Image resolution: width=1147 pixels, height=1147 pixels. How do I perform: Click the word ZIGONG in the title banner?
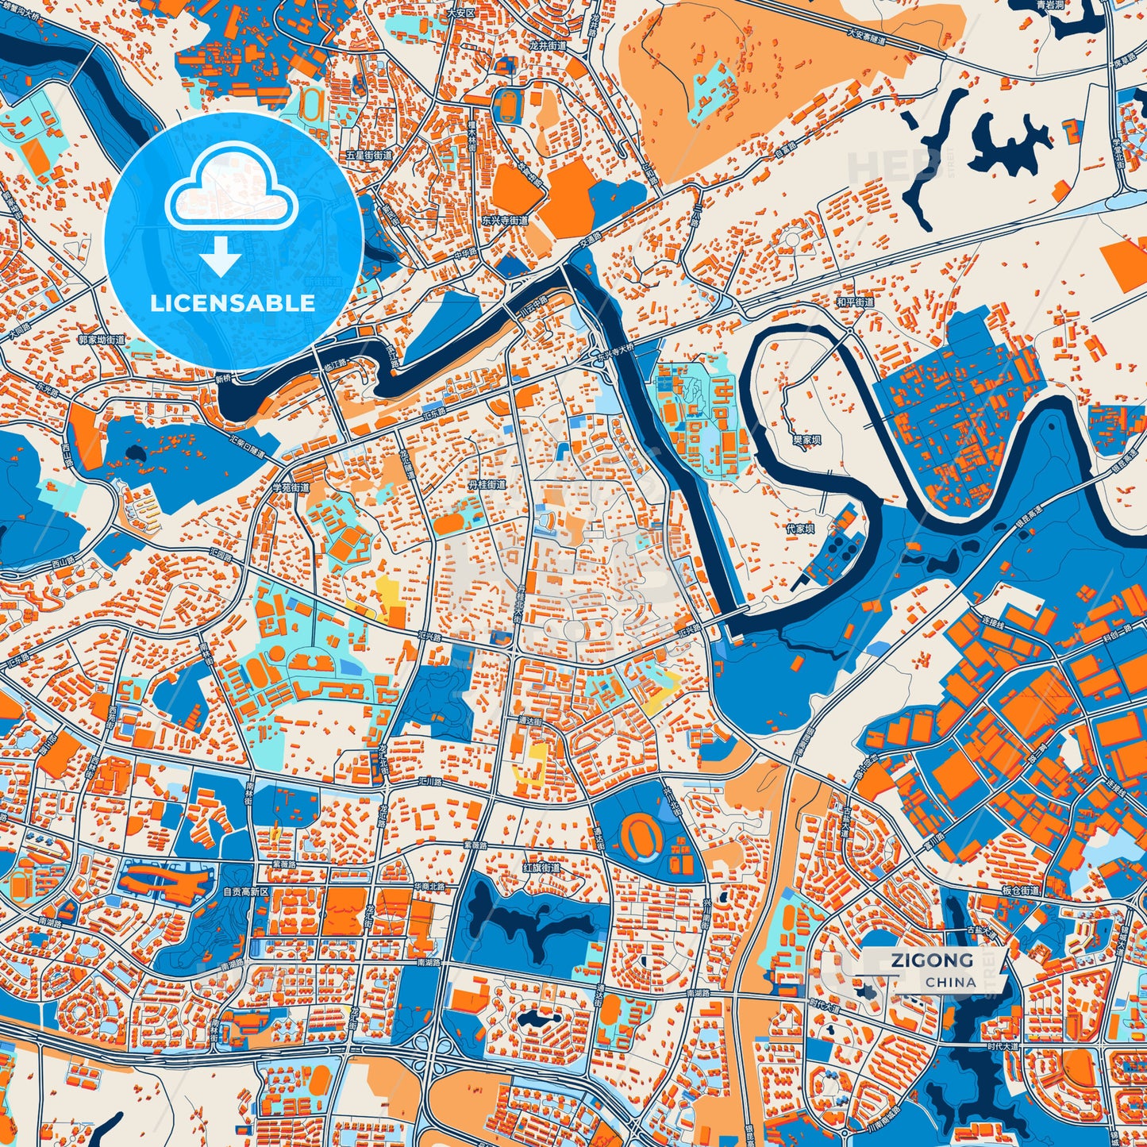click(x=931, y=960)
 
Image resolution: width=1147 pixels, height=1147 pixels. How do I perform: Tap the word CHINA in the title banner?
click(x=950, y=982)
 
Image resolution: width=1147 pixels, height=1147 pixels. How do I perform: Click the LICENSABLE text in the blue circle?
click(x=233, y=303)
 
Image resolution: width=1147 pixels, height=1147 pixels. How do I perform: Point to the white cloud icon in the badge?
click(x=231, y=196)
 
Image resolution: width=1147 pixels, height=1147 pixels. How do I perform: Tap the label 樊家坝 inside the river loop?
click(x=806, y=439)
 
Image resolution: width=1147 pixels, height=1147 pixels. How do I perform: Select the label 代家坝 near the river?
click(x=799, y=527)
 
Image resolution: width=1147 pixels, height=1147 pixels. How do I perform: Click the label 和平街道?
click(x=855, y=302)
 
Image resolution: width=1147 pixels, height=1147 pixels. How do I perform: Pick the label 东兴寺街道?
click(x=504, y=220)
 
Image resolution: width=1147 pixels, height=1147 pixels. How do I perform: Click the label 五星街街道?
click(x=370, y=156)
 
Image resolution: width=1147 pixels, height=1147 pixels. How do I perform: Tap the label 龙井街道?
click(x=548, y=46)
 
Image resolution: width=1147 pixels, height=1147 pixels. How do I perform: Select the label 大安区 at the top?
click(x=460, y=13)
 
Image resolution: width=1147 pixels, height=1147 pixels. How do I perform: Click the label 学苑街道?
click(x=291, y=487)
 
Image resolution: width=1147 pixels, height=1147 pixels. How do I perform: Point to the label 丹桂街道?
click(x=486, y=484)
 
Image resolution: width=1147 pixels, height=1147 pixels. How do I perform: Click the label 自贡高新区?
click(x=247, y=892)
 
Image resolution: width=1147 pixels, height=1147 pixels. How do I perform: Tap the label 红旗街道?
click(x=541, y=868)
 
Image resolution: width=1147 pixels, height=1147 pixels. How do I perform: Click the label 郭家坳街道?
click(x=102, y=340)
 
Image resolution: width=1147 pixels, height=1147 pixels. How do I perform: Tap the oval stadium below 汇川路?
click(x=639, y=833)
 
